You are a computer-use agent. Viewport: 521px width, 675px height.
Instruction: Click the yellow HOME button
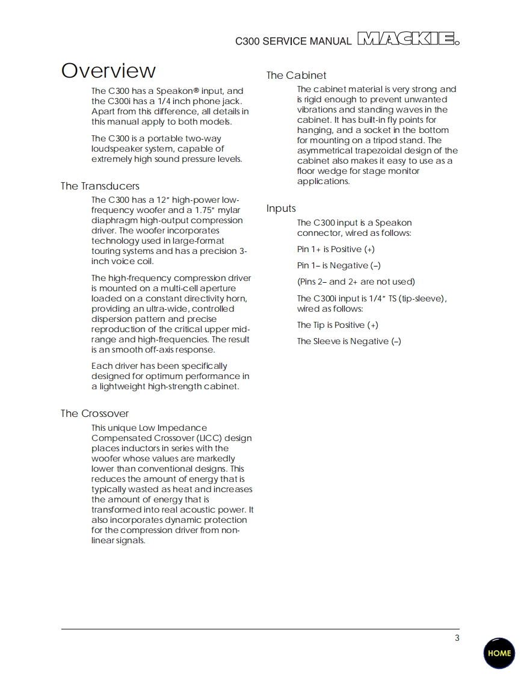tap(499, 653)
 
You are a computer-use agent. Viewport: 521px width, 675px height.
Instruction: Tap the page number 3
tap(457, 638)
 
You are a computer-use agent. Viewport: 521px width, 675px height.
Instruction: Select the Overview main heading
tap(108, 71)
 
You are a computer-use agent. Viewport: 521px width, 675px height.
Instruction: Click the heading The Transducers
tap(100, 186)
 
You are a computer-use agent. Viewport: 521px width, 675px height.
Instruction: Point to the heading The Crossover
tap(94, 413)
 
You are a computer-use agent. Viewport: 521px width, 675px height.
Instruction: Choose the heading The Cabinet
tap(297, 75)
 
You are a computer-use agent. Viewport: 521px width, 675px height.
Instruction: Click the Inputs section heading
tap(282, 209)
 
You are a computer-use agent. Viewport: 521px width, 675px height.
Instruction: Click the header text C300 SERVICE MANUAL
tap(293, 42)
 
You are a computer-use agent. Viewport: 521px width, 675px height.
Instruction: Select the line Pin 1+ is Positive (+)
tap(336, 249)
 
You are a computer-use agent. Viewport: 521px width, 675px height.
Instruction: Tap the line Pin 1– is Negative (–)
tap(339, 265)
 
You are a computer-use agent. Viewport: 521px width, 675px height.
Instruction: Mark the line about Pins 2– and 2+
tap(356, 282)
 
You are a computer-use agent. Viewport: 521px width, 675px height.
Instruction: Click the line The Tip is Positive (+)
tap(338, 325)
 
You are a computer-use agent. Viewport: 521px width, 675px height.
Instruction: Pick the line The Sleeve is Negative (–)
tap(349, 341)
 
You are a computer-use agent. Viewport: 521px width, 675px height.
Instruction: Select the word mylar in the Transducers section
tap(229, 210)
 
